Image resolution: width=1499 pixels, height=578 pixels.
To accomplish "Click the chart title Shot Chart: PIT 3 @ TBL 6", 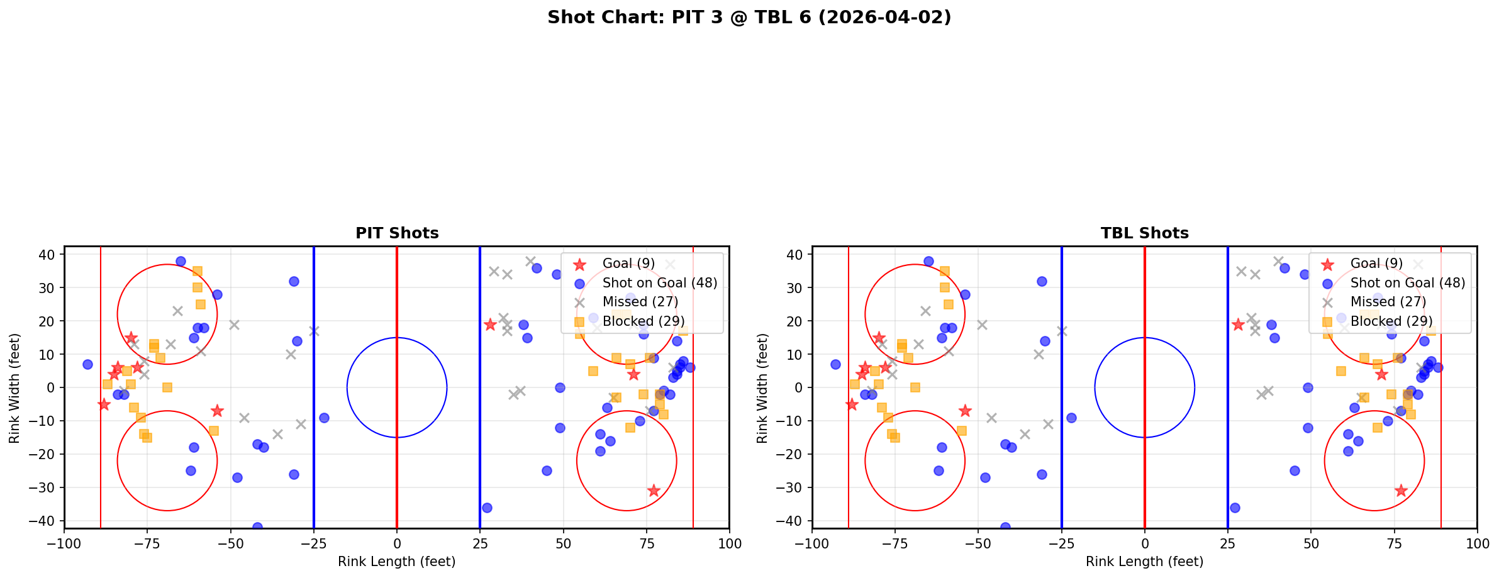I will point(749,18).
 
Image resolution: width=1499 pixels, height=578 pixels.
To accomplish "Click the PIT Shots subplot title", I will point(397,233).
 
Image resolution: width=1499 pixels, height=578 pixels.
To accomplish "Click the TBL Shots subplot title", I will point(1144,233).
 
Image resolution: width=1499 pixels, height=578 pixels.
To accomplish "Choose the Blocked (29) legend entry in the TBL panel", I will point(1391,321).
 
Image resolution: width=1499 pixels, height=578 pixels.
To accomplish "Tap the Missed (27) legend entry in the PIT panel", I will point(640,302).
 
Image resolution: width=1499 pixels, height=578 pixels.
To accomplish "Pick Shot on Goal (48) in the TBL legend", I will point(1407,283).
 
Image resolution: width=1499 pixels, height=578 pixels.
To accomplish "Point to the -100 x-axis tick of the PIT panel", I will point(64,543).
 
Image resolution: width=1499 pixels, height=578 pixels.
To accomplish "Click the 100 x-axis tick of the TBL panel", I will point(1476,543).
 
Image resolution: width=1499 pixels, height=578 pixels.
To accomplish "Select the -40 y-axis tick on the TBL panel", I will point(794,521).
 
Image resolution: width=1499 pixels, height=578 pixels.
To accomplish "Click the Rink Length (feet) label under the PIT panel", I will point(396,562).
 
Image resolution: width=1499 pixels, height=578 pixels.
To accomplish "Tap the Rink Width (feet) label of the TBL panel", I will point(762,388).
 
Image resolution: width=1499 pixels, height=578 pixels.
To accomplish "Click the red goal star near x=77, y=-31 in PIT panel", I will point(653,491).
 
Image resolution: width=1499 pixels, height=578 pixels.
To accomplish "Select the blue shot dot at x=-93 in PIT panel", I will point(87,364).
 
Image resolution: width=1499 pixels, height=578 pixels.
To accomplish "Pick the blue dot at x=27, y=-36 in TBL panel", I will point(1234,508).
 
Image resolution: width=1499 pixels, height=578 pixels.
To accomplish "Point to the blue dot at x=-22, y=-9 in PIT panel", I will point(324,418).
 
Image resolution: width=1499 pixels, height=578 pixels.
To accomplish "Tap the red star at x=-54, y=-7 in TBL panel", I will point(965,411).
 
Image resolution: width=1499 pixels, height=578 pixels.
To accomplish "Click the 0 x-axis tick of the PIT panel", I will point(396,543).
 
